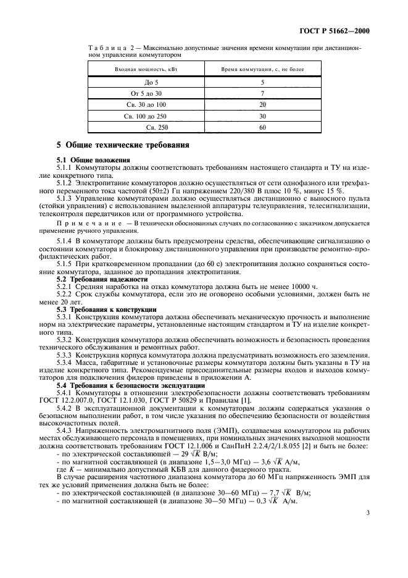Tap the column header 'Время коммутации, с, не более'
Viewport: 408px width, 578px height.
(263, 69)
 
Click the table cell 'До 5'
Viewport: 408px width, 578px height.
(143, 82)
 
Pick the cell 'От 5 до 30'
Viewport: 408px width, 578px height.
(143, 93)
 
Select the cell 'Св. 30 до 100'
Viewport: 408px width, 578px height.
(143, 104)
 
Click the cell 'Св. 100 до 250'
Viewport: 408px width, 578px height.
(143, 115)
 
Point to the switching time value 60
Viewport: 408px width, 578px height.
(262, 127)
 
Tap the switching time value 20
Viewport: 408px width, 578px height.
(262, 104)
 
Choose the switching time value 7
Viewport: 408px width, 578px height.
(262, 93)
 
